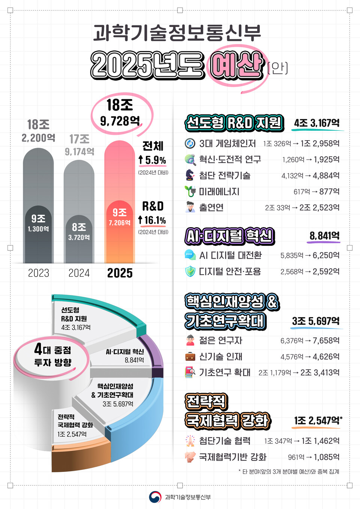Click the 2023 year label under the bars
point(39,273)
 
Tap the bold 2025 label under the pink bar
point(120,273)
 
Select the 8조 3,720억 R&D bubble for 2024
point(79,231)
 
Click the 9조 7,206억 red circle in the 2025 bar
point(120,217)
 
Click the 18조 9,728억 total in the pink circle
point(120,113)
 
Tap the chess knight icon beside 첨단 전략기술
point(190,175)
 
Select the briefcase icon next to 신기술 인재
point(190,356)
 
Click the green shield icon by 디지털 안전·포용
point(190,271)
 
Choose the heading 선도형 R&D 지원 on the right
point(234,123)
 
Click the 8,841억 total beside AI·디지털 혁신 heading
point(324,236)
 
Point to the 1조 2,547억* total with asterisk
point(318,421)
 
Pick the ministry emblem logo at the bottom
point(155,497)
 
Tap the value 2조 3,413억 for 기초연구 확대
point(320,373)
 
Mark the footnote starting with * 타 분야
point(289,472)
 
